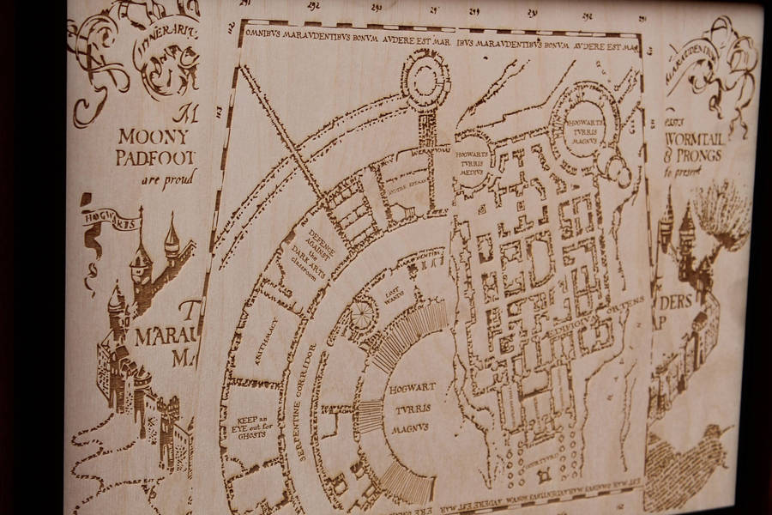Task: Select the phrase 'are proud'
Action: [x=168, y=179]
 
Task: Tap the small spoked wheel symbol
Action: [x=363, y=314]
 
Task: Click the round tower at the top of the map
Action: [x=425, y=78]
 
